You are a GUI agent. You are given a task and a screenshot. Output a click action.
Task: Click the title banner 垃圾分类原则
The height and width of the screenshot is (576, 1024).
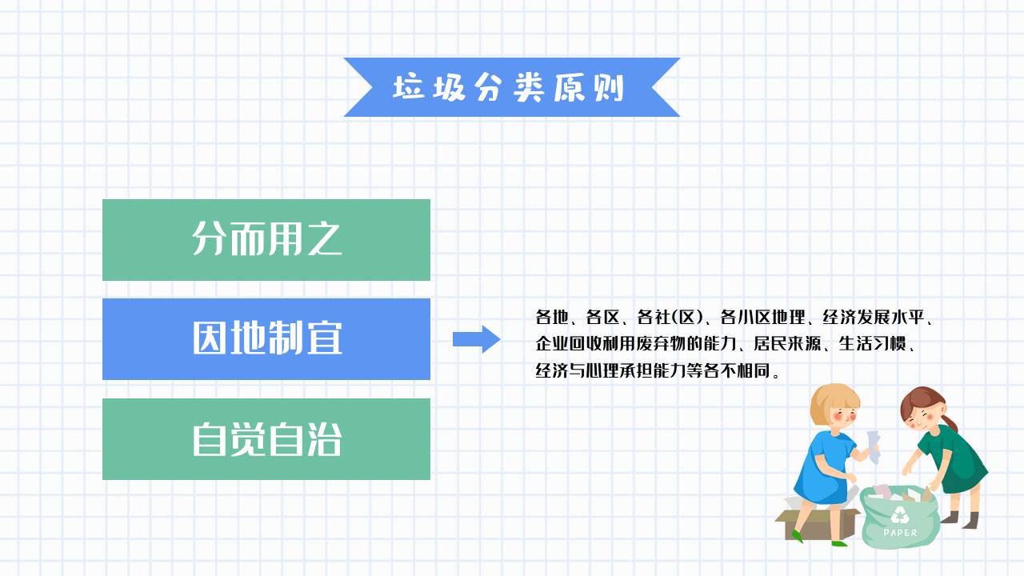point(511,87)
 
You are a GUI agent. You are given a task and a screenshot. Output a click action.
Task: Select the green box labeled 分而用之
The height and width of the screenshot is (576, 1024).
point(266,239)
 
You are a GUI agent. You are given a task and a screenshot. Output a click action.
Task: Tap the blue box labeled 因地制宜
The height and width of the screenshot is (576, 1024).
point(266,339)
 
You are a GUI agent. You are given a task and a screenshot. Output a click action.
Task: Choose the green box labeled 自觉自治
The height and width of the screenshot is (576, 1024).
point(266,439)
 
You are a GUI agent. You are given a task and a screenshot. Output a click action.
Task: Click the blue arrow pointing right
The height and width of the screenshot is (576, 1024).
point(477,339)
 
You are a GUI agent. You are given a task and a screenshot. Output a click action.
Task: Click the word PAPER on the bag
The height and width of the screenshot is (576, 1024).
point(901,533)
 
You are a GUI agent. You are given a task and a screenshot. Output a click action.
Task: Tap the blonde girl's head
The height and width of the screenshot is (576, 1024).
point(834,404)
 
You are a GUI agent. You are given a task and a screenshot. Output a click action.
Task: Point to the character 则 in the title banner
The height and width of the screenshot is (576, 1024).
point(610,88)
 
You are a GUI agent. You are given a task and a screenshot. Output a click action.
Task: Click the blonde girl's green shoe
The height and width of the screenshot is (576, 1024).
point(838,543)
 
